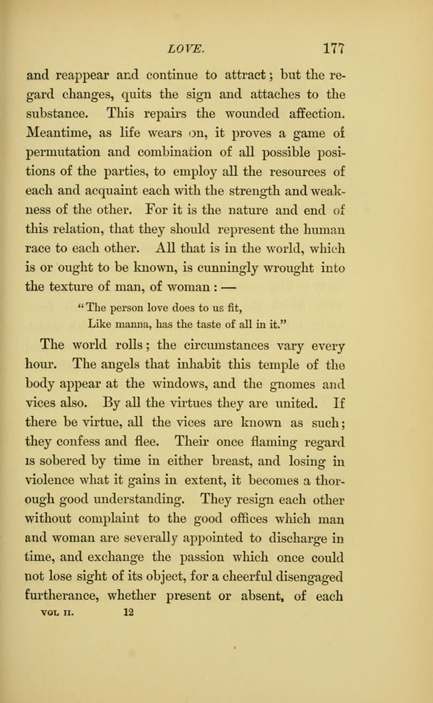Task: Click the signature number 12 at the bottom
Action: point(129,593)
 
